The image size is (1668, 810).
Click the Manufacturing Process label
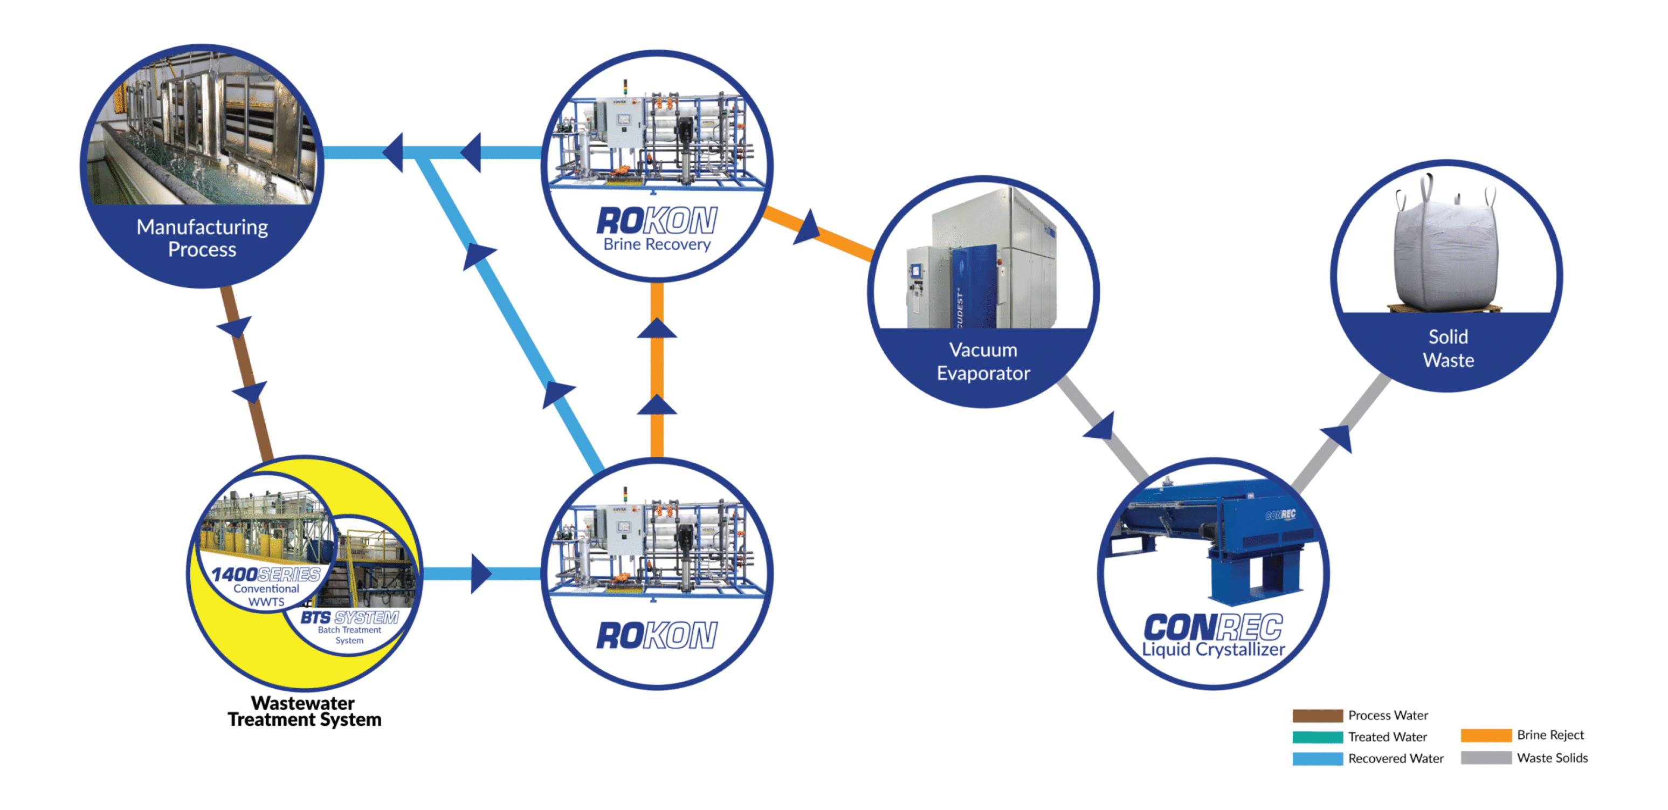[202, 238]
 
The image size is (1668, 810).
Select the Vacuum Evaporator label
[983, 361]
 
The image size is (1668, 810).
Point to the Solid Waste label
[1448, 348]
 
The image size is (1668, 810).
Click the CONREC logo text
[1213, 627]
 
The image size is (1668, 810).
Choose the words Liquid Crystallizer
[1213, 649]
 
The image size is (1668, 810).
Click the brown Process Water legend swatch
[1317, 716]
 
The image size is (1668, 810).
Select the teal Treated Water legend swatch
[1317, 737]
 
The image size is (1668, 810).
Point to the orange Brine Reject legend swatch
[1485, 735]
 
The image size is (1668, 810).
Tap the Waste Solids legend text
[1552, 758]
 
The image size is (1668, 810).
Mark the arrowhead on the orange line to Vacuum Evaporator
[807, 227]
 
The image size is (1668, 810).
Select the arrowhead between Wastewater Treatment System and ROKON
[480, 573]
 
